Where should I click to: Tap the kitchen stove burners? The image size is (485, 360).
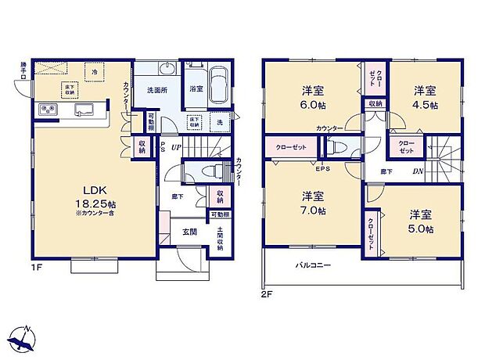click(x=47, y=110)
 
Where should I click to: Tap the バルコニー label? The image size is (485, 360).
click(x=313, y=265)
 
